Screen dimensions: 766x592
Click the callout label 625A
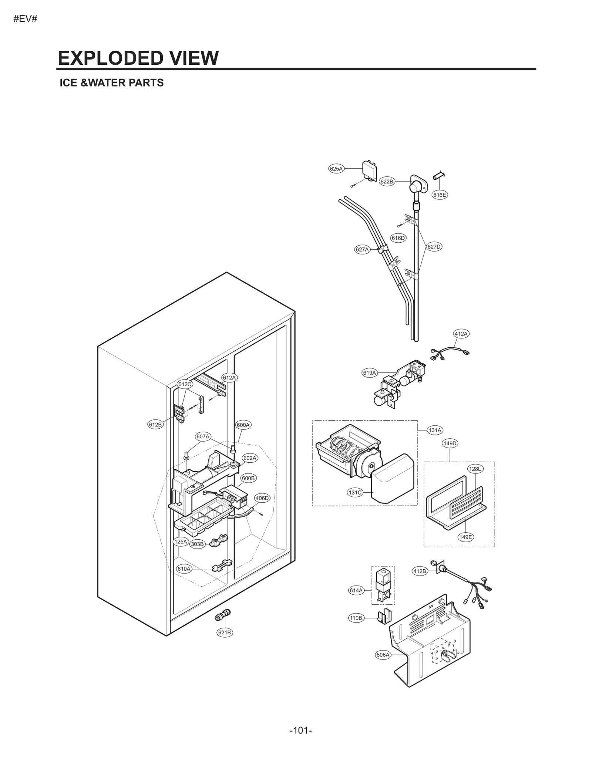pyautogui.click(x=336, y=169)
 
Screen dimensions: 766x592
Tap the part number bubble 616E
pyautogui.click(x=440, y=195)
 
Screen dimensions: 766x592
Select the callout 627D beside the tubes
pyautogui.click(x=434, y=247)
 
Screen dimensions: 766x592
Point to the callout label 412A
pyautogui.click(x=461, y=334)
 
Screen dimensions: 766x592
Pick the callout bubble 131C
pyautogui.click(x=355, y=493)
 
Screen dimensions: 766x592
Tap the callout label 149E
pyautogui.click(x=465, y=537)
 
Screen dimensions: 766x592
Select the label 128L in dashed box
pyautogui.click(x=475, y=469)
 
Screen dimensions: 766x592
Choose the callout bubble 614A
pyautogui.click(x=356, y=590)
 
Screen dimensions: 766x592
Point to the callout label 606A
pyautogui.click(x=383, y=655)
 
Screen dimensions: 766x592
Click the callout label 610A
pyautogui.click(x=184, y=569)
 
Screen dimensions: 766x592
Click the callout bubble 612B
pyautogui.click(x=155, y=425)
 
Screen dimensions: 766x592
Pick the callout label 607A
pyautogui.click(x=203, y=436)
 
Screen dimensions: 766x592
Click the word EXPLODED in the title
pyautogui.click(x=107, y=58)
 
